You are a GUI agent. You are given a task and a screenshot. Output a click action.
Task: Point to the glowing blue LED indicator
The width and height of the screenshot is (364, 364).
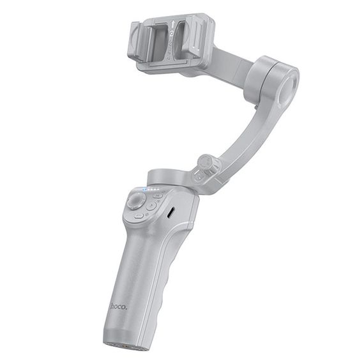click(146, 190)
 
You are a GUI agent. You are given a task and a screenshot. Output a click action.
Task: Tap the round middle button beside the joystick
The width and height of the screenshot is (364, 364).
click(151, 206)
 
